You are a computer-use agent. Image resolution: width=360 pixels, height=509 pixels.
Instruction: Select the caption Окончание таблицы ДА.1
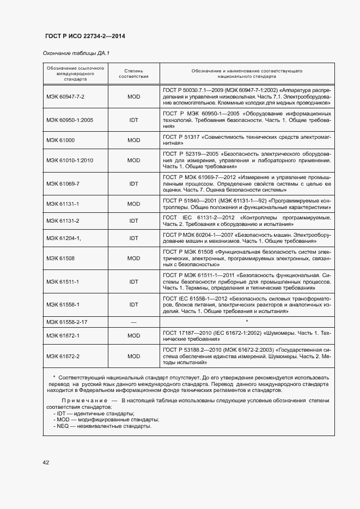[76, 54]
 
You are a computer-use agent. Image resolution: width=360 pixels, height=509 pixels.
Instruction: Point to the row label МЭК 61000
[60, 140]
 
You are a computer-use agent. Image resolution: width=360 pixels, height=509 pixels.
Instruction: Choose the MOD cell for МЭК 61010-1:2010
[134, 161]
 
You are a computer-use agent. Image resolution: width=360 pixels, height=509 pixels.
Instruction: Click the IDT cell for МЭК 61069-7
[134, 184]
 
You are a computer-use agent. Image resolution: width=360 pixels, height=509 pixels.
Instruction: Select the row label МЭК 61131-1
[63, 204]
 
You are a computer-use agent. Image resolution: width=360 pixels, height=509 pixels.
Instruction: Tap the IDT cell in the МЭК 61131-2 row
[134, 220]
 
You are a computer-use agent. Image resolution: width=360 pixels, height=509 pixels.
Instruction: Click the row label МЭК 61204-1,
[63, 238]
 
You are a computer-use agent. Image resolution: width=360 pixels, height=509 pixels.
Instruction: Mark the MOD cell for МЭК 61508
[134, 258]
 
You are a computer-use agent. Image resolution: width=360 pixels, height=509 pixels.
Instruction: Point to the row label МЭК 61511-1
[63, 281]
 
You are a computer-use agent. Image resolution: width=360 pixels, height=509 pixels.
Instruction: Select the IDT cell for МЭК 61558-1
[134, 305]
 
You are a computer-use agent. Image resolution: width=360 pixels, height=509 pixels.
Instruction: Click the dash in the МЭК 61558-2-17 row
[134, 322]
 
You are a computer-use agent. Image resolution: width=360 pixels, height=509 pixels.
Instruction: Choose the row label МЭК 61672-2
[63, 356]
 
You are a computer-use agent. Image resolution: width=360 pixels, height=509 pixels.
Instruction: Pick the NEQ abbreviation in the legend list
[63, 426]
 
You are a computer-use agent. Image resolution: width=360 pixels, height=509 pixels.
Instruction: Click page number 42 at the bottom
[46, 463]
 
